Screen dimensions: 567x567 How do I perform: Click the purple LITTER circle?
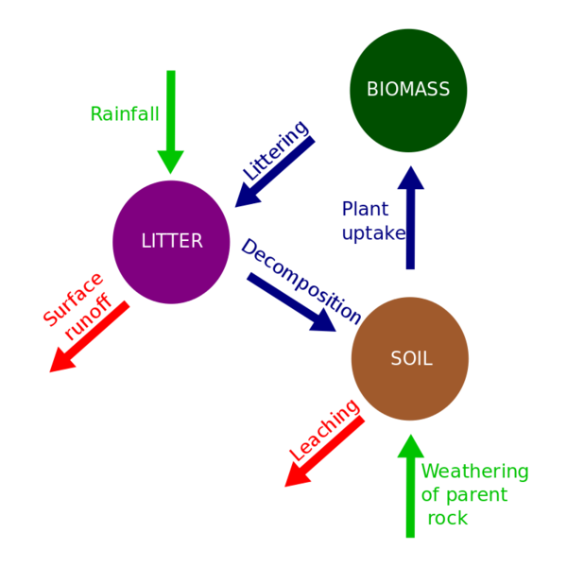pyautogui.click(x=171, y=241)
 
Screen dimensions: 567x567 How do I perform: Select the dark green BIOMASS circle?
pyautogui.click(x=408, y=90)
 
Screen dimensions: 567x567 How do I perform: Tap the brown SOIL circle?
pyautogui.click(x=410, y=358)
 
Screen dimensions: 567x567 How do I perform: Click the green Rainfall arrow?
pyautogui.click(x=171, y=123)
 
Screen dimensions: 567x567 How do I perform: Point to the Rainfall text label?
pyautogui.click(x=124, y=114)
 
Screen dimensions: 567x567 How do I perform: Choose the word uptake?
pyautogui.click(x=374, y=233)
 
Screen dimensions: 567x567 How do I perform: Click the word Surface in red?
pyautogui.click(x=73, y=299)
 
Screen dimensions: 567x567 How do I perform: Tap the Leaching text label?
pyautogui.click(x=324, y=431)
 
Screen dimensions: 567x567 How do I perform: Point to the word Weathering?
pyautogui.click(x=474, y=472)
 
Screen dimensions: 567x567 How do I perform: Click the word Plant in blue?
pyautogui.click(x=365, y=209)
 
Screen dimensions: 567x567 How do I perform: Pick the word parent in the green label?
pyautogui.click(x=476, y=495)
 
